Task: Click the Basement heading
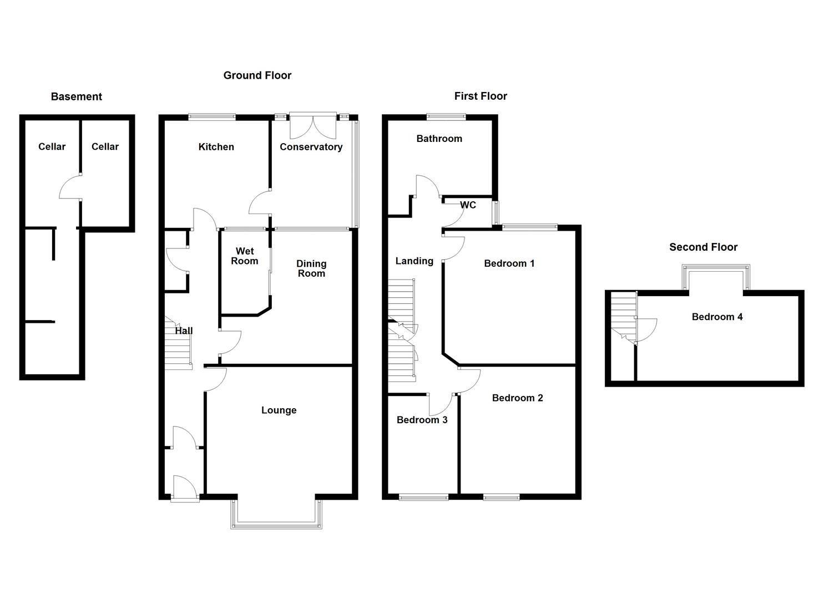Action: point(77,97)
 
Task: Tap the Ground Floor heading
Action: point(257,75)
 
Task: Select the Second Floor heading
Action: point(703,247)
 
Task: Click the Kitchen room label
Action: point(216,147)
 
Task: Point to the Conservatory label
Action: point(311,147)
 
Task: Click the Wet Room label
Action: point(245,256)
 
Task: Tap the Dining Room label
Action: point(311,268)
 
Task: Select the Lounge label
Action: point(279,410)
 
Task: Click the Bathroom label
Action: point(439,139)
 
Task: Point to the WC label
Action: point(468,205)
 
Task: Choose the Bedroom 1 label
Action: point(509,263)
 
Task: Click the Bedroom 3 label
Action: point(422,420)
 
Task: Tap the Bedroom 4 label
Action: point(717,317)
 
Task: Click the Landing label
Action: point(414,261)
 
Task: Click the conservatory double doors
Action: point(313,126)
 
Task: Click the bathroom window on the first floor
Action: point(446,117)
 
